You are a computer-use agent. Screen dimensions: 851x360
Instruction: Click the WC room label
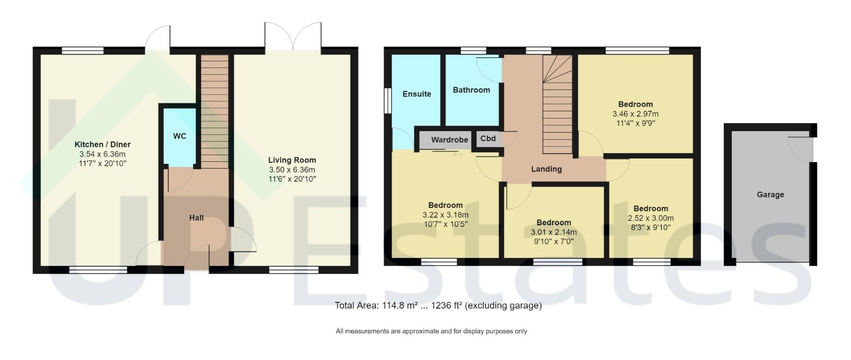tap(180, 136)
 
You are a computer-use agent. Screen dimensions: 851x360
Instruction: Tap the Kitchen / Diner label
tap(102, 145)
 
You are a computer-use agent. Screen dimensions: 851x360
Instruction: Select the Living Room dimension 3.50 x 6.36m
tap(292, 170)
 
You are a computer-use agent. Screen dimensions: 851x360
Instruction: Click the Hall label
tap(196, 218)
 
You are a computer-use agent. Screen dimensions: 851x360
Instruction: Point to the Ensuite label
tap(417, 94)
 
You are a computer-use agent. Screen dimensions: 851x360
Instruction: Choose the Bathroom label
tap(471, 90)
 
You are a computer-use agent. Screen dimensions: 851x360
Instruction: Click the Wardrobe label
tap(449, 140)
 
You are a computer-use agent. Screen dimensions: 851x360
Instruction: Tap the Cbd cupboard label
tap(488, 138)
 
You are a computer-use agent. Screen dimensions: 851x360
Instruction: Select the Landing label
tap(547, 169)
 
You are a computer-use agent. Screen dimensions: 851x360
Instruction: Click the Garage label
tap(770, 195)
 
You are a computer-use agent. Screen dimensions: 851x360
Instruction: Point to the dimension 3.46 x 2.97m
tap(636, 114)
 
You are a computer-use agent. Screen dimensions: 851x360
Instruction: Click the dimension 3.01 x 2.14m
tap(554, 232)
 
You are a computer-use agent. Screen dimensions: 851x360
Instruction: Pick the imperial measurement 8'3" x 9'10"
tap(651, 227)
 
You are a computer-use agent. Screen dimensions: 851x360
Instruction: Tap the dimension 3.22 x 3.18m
tap(445, 215)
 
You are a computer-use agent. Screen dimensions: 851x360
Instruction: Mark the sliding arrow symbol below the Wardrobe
tap(458, 154)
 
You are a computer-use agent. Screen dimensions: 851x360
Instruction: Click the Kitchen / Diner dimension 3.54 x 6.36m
tap(102, 154)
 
